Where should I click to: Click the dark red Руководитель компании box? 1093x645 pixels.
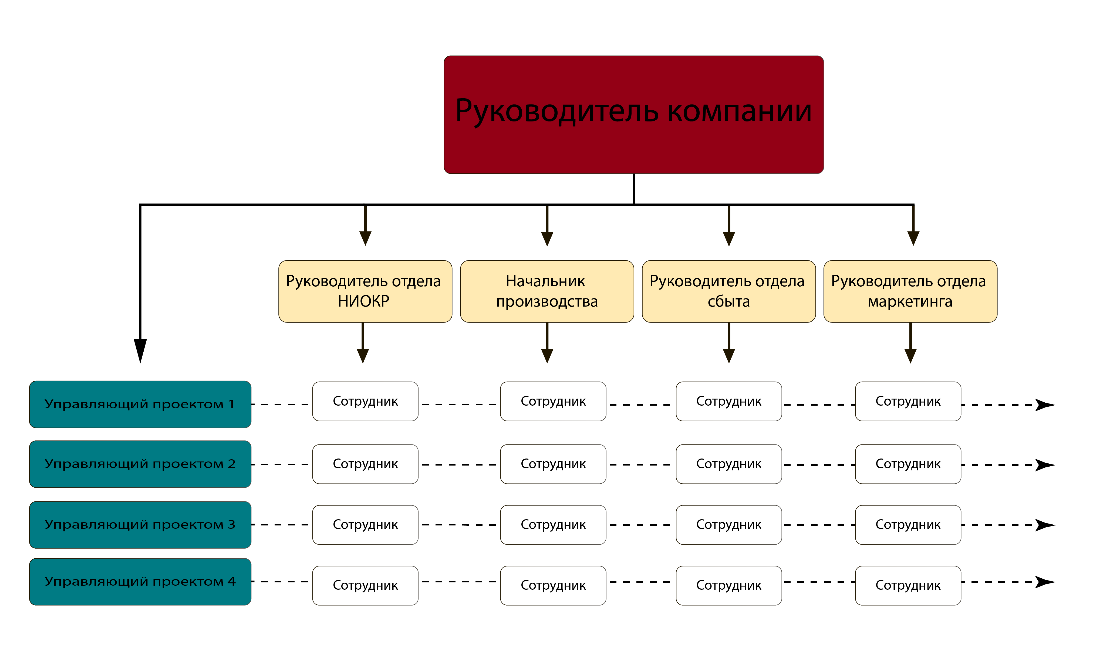click(633, 115)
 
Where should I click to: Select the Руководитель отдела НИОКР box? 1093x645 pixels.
click(365, 291)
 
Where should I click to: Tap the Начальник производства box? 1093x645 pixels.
click(547, 291)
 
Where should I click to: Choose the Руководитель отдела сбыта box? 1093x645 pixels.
click(729, 291)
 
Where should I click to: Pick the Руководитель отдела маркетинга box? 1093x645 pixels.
click(910, 291)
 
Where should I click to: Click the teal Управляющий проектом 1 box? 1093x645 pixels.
click(140, 404)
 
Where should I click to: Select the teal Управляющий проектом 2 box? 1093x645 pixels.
click(140, 464)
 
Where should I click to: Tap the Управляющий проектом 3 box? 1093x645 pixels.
click(140, 525)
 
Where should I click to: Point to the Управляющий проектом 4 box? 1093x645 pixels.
click(140, 582)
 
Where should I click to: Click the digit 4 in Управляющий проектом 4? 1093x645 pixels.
click(231, 581)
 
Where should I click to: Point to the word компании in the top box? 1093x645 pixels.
click(739, 111)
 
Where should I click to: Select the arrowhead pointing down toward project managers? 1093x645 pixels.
click(140, 350)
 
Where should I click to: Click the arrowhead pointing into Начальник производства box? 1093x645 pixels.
click(547, 239)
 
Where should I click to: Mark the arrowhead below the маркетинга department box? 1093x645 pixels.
click(910, 355)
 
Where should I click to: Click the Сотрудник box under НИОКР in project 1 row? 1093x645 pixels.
click(365, 401)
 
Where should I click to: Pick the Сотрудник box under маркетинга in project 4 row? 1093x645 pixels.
click(908, 585)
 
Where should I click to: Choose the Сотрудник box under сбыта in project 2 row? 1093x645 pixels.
click(729, 464)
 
